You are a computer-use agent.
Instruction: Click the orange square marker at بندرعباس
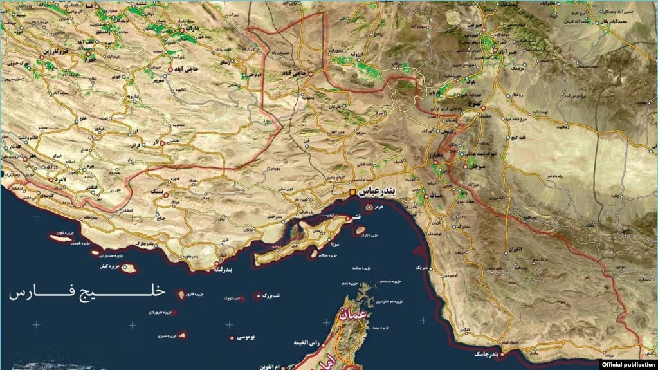[x=352, y=192]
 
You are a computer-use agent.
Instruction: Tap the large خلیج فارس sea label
[x=87, y=294]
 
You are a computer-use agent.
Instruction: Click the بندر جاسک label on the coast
[x=485, y=354]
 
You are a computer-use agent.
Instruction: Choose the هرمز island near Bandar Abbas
[x=370, y=208]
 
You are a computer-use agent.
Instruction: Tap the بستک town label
[x=156, y=192]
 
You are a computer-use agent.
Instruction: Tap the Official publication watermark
[x=629, y=364]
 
